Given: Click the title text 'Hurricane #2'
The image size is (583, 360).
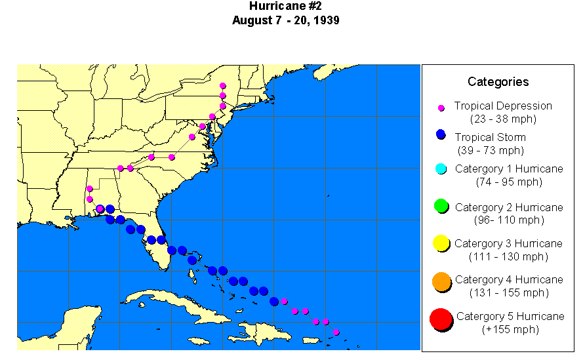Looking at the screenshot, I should tap(285, 7).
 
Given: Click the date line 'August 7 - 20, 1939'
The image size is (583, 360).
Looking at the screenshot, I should tap(285, 20).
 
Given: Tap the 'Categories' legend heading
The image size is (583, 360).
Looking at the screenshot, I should tap(498, 82).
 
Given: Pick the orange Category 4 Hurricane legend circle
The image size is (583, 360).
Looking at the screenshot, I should tap(441, 282).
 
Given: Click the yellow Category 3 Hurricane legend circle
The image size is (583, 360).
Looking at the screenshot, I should tap(441, 244).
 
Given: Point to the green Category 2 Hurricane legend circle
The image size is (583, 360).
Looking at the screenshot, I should tap(441, 207).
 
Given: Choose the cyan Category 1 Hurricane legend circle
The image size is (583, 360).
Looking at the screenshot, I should tap(441, 169).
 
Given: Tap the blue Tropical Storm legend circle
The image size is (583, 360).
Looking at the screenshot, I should tap(441, 135).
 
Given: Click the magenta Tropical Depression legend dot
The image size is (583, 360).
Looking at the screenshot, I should tap(441, 108).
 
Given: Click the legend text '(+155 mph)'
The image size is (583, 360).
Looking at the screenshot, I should tap(509, 329).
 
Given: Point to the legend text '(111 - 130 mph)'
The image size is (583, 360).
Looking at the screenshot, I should tap(509, 256).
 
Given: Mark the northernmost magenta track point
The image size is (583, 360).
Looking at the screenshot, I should tap(223, 85).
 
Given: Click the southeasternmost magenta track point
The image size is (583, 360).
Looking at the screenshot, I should tap(336, 332).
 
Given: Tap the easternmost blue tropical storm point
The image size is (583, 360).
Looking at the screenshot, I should tap(274, 301).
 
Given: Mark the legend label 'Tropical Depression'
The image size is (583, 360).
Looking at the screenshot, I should tap(503, 106).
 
